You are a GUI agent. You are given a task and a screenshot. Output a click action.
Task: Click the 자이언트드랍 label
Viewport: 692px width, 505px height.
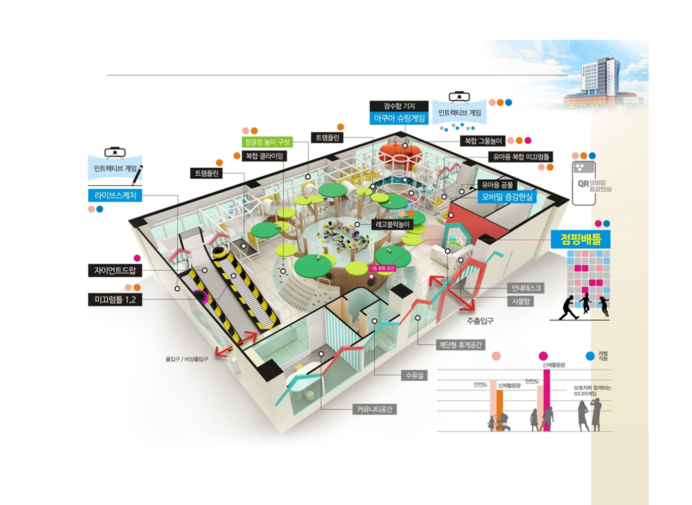(x=115, y=270)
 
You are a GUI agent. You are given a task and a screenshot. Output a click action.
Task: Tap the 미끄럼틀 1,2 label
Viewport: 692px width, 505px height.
(x=115, y=300)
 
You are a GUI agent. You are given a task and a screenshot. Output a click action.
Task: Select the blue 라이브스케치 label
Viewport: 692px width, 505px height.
(x=115, y=195)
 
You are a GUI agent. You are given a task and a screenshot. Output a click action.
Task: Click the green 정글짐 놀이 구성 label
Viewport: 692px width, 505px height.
(x=267, y=142)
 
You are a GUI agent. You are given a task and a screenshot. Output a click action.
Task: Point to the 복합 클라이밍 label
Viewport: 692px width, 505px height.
(x=264, y=156)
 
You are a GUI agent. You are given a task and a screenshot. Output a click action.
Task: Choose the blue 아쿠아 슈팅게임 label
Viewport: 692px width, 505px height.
(x=399, y=118)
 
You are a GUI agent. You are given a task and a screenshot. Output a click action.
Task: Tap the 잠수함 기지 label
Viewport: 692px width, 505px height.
(x=399, y=106)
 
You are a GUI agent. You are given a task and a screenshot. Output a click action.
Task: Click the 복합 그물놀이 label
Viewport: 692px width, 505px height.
(x=483, y=141)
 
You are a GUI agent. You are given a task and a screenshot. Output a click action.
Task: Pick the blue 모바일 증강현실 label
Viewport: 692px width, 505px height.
(x=507, y=197)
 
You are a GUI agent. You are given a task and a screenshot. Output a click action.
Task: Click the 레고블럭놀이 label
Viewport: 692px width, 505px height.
(x=393, y=224)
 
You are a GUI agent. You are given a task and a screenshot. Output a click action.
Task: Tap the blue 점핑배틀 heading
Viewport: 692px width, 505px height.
(x=581, y=239)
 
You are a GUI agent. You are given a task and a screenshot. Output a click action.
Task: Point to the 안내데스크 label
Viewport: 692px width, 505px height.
(x=526, y=288)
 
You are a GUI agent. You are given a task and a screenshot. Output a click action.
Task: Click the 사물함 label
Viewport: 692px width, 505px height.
(x=520, y=301)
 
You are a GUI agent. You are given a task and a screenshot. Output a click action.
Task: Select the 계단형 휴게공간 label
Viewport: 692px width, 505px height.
(x=460, y=345)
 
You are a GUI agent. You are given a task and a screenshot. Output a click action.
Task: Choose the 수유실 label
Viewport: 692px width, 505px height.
(x=414, y=375)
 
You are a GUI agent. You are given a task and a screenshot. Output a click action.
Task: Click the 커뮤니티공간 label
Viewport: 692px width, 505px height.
(x=374, y=409)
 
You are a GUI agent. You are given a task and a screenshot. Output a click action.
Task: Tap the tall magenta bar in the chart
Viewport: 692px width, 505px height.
(x=546, y=400)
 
